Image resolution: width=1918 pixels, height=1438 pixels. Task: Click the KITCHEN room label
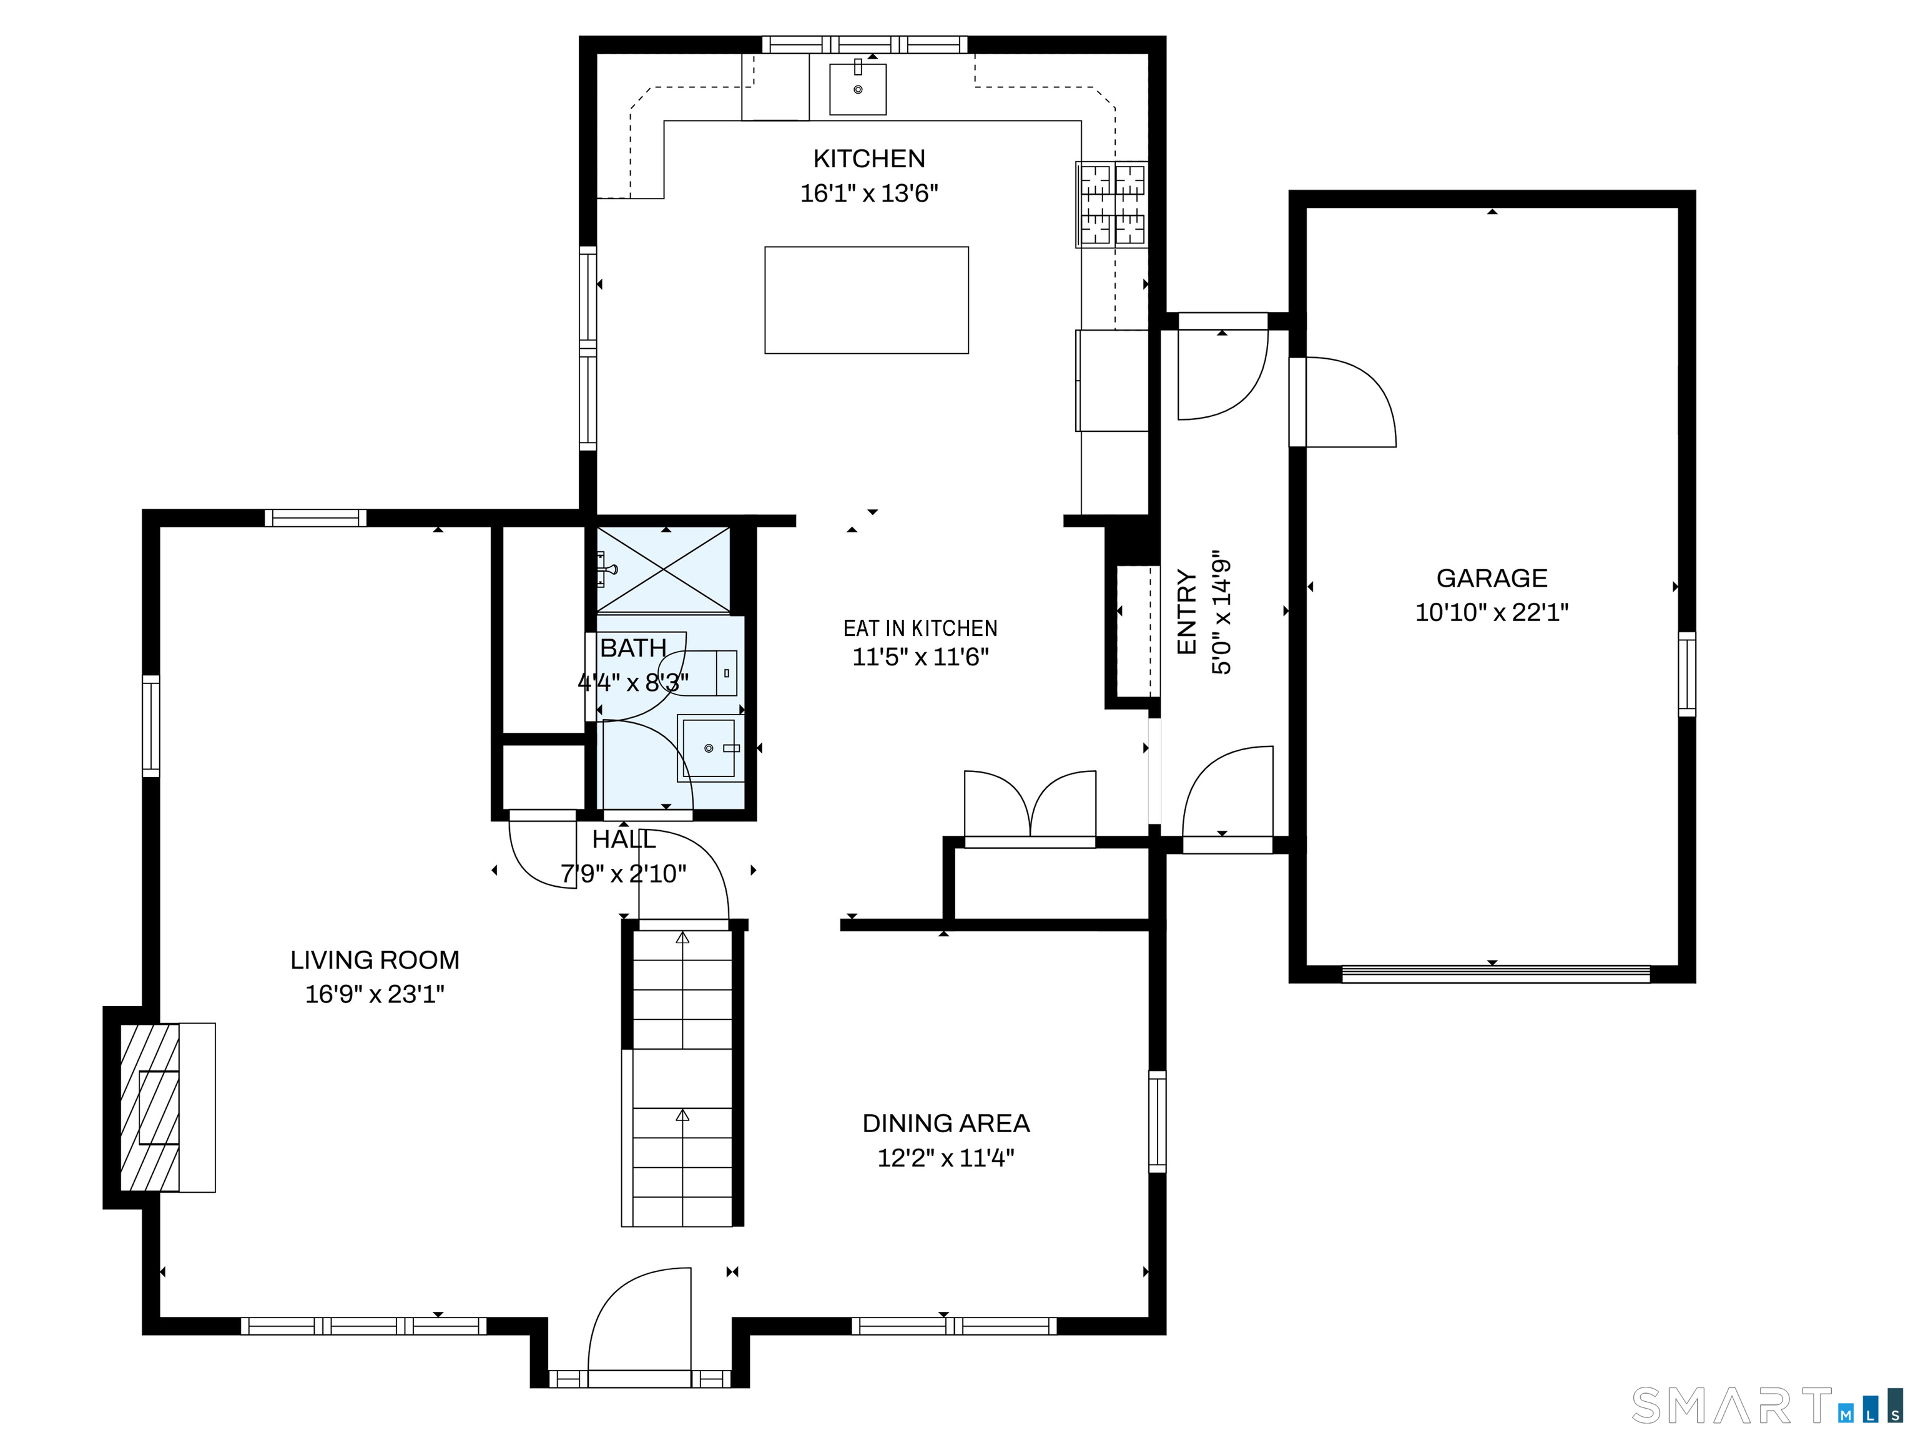(x=869, y=159)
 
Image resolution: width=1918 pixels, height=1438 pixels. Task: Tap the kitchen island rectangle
(x=866, y=300)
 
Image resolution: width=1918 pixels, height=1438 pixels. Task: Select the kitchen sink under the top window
(x=858, y=89)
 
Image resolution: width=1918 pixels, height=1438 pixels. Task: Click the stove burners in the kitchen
(x=1111, y=205)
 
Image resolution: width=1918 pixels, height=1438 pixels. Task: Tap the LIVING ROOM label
(x=375, y=959)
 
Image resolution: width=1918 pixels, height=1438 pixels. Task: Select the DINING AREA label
(x=946, y=1123)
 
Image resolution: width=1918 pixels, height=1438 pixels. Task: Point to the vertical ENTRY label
(x=1187, y=612)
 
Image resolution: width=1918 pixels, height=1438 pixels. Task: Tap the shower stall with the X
(x=663, y=569)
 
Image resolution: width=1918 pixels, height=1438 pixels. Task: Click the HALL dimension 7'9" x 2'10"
(x=624, y=874)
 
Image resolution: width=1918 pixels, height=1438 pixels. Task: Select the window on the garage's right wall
(x=1686, y=674)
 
